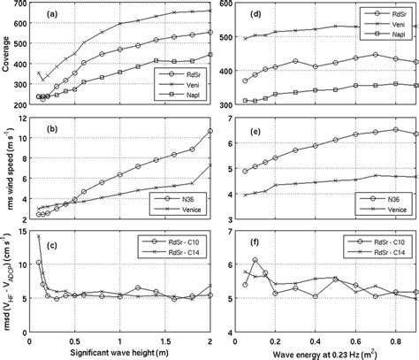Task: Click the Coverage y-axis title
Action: (11, 56)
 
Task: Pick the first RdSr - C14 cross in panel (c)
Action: (38, 236)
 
